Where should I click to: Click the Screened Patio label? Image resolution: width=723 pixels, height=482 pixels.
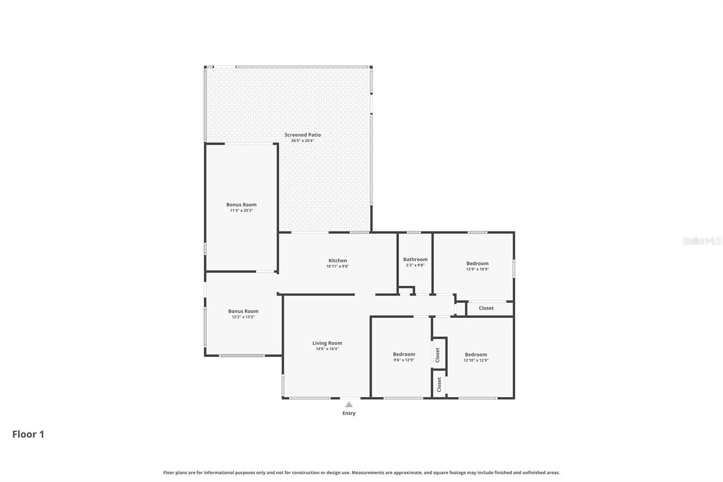click(302, 135)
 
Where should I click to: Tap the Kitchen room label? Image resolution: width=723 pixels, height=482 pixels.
click(338, 260)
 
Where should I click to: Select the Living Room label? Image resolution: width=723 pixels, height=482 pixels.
click(327, 343)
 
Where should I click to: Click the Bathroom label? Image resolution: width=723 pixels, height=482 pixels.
click(415, 259)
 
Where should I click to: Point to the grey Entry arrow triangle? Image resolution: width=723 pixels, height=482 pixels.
click(349, 405)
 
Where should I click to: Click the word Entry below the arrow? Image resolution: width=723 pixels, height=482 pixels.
click(349, 413)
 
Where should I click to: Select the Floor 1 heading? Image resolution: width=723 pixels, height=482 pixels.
click(28, 434)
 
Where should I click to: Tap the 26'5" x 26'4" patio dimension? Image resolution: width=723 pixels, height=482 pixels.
click(302, 141)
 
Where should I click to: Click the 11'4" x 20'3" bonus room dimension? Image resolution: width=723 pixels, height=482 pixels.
click(241, 210)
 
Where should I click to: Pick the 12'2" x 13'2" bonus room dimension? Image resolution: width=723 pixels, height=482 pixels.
click(243, 317)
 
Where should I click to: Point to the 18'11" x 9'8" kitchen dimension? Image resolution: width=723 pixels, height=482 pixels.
click(338, 266)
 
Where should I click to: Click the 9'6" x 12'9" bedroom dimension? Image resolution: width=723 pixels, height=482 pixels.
click(404, 360)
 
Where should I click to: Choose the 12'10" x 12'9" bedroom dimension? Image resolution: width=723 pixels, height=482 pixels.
click(476, 360)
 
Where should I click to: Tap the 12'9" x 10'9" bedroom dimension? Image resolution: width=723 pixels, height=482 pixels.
click(477, 269)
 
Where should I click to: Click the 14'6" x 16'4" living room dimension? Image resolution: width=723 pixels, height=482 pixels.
click(327, 349)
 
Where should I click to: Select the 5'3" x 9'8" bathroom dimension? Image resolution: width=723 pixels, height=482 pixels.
click(415, 265)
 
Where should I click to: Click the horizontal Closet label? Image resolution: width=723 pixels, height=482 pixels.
click(486, 308)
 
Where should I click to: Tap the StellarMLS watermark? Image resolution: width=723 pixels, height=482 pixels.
click(702, 241)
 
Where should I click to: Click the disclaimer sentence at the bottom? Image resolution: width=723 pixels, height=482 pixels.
click(361, 473)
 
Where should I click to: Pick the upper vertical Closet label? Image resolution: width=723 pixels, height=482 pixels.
click(437, 354)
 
